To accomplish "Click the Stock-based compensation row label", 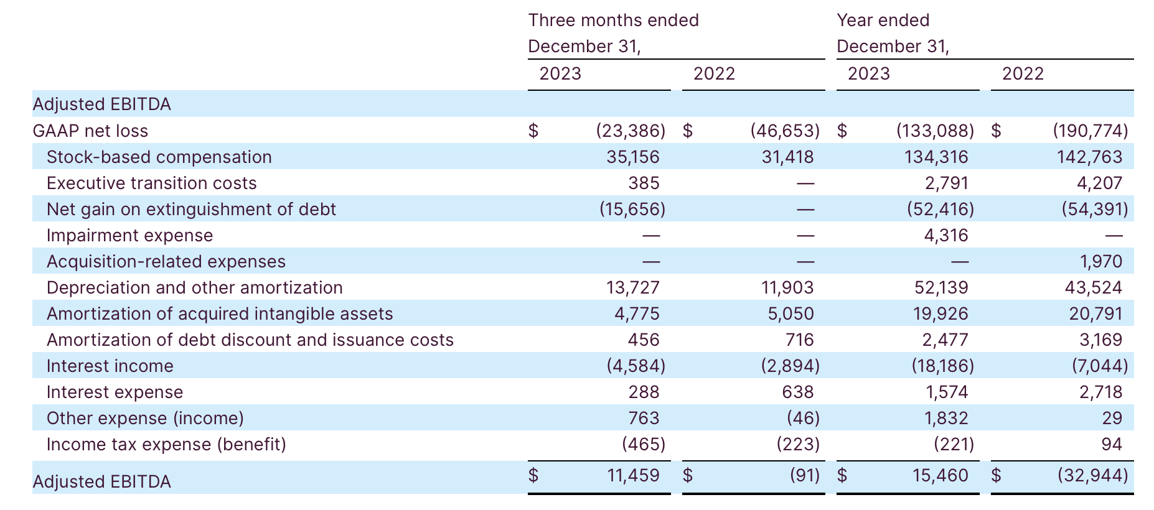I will tap(159, 157).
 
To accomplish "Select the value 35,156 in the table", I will tap(632, 157).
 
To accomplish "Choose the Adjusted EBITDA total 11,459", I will tap(632, 476).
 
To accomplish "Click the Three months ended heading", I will tap(613, 21).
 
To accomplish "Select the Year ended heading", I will tap(883, 21).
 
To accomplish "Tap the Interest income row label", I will tap(110, 366).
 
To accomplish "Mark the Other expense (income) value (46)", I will tap(803, 418).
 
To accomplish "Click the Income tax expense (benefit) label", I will tap(166, 444).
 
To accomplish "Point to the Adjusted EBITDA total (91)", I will tap(804, 476).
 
